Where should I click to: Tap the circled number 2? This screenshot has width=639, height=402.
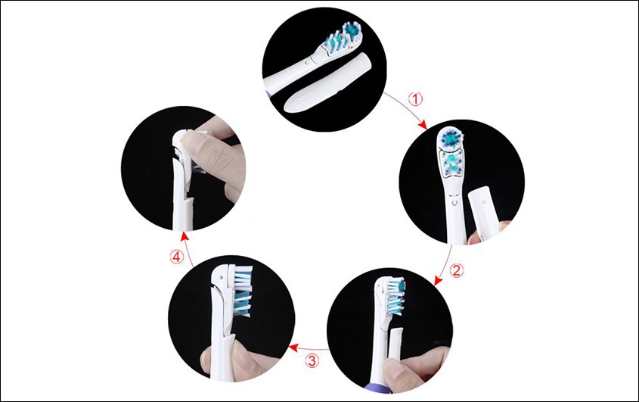point(455,269)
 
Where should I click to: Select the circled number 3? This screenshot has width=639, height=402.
point(312,360)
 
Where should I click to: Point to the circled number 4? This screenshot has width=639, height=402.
point(176,257)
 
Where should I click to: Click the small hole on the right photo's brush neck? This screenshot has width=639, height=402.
point(451,203)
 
